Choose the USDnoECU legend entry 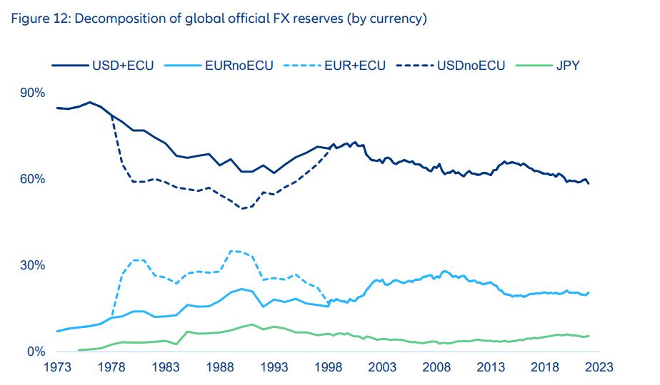pyautogui.click(x=471, y=66)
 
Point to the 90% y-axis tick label pyautogui.click(x=31, y=93)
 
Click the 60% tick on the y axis pyautogui.click(x=31, y=179)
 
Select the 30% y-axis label pyautogui.click(x=31, y=265)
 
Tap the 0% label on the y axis pyautogui.click(x=34, y=351)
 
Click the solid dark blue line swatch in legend pyautogui.click(x=68, y=66)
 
